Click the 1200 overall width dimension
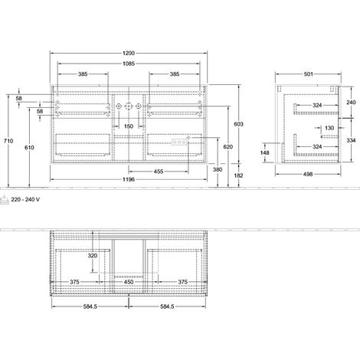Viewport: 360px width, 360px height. click(x=129, y=53)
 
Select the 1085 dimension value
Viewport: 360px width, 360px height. click(x=129, y=64)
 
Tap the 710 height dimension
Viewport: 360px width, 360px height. click(x=8, y=141)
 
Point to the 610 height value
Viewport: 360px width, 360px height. click(x=29, y=147)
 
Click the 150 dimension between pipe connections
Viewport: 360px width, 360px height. click(x=129, y=126)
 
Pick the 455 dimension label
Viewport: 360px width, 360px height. click(x=159, y=172)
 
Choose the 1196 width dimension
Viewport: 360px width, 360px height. click(x=129, y=179)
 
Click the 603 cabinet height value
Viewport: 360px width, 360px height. click(x=239, y=124)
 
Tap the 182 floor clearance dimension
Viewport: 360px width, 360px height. click(x=239, y=175)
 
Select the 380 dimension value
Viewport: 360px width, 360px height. click(x=218, y=169)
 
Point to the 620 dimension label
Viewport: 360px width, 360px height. click(x=228, y=146)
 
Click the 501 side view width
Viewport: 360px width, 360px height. click(x=308, y=74)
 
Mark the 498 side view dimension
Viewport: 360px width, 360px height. click(x=308, y=174)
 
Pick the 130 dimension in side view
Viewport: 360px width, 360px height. click(x=329, y=128)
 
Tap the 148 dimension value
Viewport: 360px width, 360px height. click(x=265, y=152)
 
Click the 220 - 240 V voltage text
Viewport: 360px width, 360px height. click(x=25, y=199)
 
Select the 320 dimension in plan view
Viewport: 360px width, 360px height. click(x=93, y=255)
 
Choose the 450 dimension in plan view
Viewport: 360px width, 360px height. click(x=129, y=282)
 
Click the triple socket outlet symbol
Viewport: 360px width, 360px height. click(x=178, y=142)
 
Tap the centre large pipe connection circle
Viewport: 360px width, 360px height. click(x=129, y=106)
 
